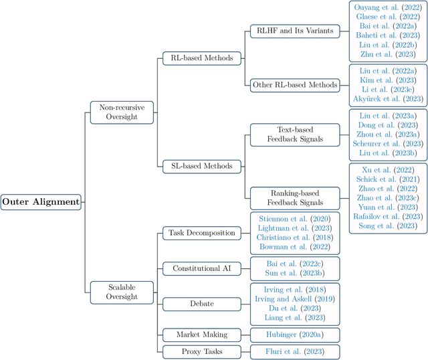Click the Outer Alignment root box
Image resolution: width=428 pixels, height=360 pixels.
pos(41,201)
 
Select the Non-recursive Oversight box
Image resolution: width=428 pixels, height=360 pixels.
pos(122,112)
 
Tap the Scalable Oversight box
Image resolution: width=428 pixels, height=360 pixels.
pos(122,291)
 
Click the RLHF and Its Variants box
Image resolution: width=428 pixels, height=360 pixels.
pos(294,31)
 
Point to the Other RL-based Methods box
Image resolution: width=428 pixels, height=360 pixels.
pos(294,85)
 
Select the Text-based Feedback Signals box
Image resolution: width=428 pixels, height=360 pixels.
pos(294,133)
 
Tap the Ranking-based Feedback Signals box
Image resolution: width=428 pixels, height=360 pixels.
pos(294,197)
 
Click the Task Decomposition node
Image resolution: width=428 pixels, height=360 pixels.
pos(201,233)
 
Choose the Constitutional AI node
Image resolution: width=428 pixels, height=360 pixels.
pos(201,268)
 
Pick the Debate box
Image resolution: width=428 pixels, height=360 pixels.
pos(201,304)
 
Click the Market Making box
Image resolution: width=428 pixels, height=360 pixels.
pos(201,334)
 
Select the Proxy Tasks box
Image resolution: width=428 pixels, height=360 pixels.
pos(201,351)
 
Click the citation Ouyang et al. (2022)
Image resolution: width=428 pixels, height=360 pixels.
pos(387,8)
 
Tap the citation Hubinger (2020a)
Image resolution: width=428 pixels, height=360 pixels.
pos(294,334)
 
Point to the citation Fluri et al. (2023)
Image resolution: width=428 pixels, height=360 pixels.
pos(294,351)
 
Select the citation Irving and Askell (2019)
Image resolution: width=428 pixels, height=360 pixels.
pos(294,298)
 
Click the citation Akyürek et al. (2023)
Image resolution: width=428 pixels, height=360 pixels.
pos(387,99)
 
